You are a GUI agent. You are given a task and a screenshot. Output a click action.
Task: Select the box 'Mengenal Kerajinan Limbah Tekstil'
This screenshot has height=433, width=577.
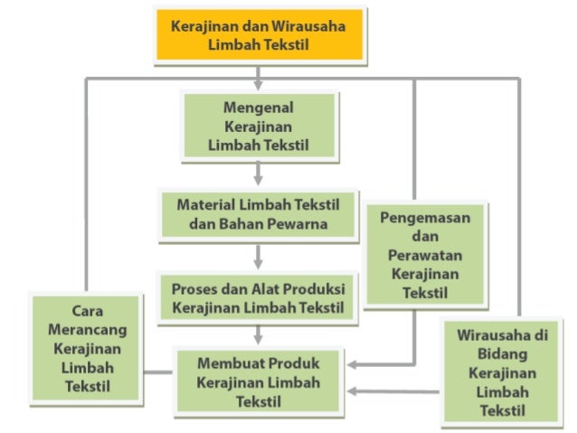259,126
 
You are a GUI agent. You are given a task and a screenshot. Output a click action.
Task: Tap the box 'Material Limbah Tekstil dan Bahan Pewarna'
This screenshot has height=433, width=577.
259,215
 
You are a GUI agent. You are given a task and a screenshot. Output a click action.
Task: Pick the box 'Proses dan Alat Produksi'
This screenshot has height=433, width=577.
259,297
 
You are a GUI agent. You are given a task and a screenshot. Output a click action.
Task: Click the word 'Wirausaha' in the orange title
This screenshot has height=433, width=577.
307,25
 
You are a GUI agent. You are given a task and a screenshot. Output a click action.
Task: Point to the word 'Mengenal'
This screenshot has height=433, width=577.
259,108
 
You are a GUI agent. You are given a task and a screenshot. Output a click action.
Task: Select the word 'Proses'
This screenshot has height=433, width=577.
193,287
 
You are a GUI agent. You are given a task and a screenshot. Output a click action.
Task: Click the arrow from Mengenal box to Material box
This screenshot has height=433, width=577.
259,174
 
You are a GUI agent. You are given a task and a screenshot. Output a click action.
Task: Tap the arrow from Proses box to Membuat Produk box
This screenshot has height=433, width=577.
259,336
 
